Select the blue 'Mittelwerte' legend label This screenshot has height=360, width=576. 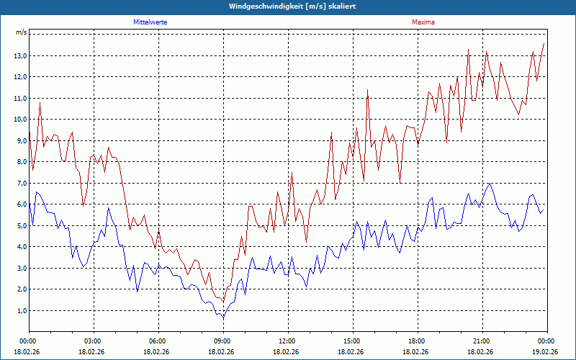pyautogui.click(x=150, y=22)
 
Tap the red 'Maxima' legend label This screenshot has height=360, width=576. pyautogui.click(x=423, y=22)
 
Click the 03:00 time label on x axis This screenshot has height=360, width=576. pyautogui.click(x=93, y=341)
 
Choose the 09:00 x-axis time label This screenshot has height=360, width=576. pyautogui.click(x=222, y=341)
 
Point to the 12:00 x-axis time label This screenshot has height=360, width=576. pyautogui.click(x=287, y=341)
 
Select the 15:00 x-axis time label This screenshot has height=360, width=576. pyautogui.click(x=351, y=341)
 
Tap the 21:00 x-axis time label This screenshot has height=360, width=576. pyautogui.click(x=481, y=341)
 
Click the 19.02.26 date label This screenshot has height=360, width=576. pyautogui.click(x=546, y=352)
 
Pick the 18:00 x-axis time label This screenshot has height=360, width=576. pyautogui.click(x=416, y=341)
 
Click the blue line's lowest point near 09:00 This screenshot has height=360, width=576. pyautogui.click(x=223, y=318)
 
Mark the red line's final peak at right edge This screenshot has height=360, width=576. pyautogui.click(x=544, y=44)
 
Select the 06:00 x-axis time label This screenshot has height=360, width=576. pyautogui.click(x=157, y=341)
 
